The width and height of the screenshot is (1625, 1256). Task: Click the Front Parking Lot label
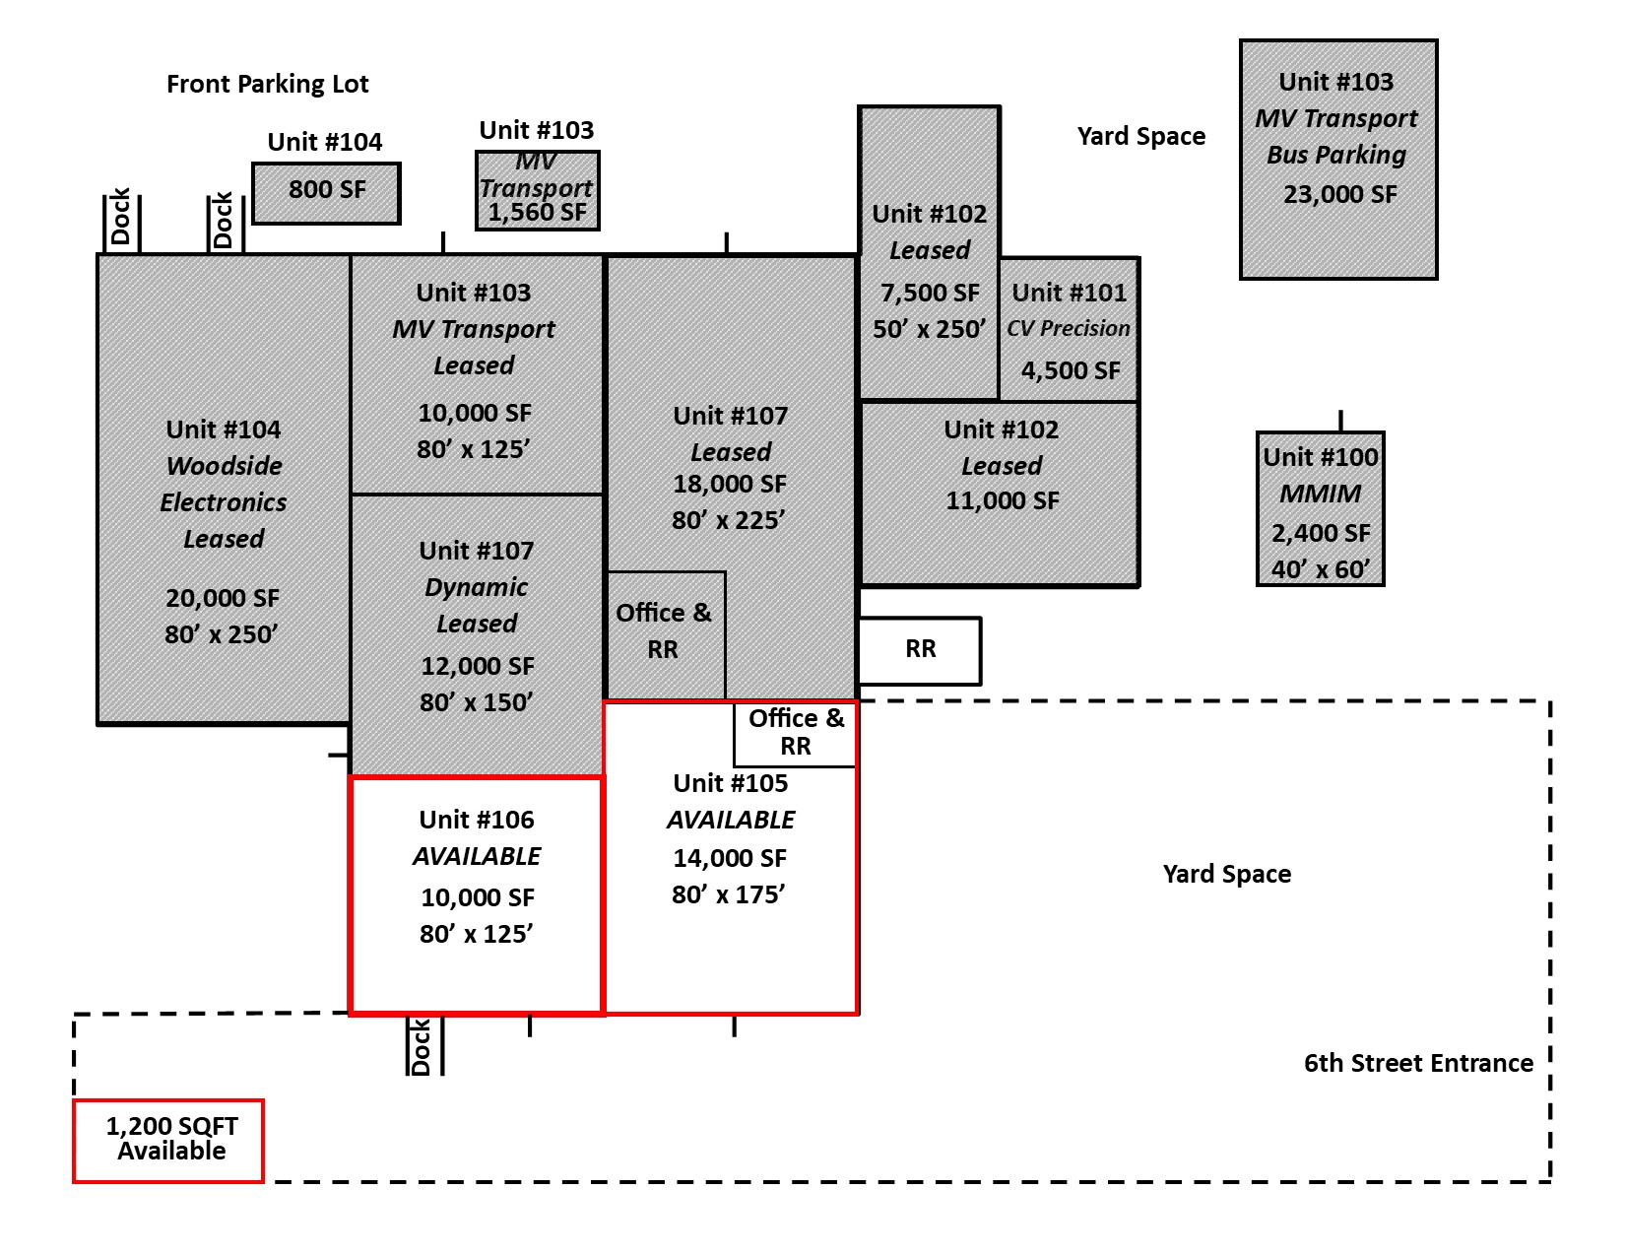point(267,85)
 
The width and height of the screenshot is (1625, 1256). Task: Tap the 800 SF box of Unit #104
point(326,193)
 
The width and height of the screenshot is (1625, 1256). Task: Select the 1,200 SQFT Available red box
point(168,1141)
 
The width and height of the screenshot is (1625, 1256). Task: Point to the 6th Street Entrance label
point(1418,1063)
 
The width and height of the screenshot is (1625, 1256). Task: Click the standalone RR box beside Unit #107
point(920,650)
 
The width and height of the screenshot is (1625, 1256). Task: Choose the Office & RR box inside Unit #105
point(795,734)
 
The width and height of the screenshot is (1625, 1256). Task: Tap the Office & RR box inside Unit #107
point(665,635)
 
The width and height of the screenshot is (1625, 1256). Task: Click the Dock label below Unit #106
point(421,1046)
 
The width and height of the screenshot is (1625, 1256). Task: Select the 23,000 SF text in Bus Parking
point(1340,194)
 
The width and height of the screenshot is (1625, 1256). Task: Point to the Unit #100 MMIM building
point(1320,508)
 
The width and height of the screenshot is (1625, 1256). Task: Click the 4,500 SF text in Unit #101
point(1071,370)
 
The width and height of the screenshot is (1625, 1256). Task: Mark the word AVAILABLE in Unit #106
point(477,856)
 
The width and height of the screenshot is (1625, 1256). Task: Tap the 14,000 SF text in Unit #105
point(730,858)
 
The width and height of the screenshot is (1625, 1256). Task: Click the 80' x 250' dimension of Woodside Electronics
point(222,634)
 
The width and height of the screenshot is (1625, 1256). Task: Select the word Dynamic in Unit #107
point(477,588)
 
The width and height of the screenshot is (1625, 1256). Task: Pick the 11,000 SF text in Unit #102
point(1002,500)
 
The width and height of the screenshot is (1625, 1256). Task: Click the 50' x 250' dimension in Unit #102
point(929,329)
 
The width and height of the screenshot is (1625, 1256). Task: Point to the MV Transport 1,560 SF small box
point(537,190)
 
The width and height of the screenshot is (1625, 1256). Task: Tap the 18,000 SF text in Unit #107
point(730,484)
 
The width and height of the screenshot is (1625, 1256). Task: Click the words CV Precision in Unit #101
point(1068,328)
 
